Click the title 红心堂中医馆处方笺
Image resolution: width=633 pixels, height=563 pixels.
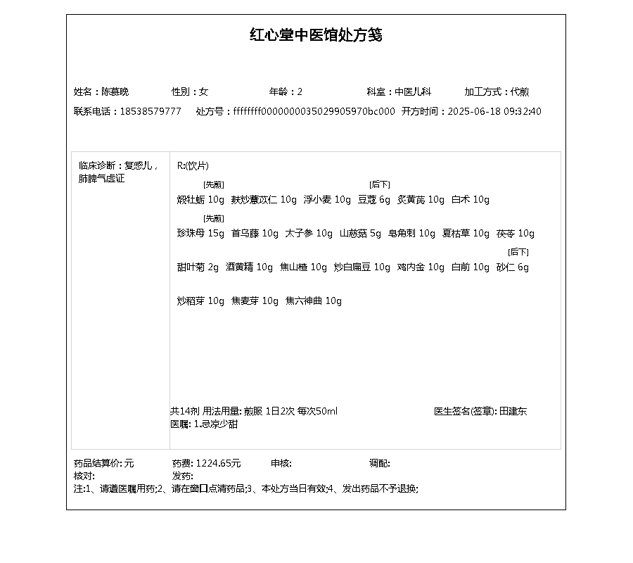click(x=316, y=35)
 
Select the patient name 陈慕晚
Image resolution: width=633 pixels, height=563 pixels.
click(x=115, y=91)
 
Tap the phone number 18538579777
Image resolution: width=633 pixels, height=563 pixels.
click(x=151, y=111)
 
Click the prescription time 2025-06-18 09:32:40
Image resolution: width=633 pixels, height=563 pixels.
click(x=494, y=111)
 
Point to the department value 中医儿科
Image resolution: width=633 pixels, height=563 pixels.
click(x=412, y=91)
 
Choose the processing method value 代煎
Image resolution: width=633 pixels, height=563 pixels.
click(x=520, y=91)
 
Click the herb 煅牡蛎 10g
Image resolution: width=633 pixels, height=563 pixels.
click(x=200, y=200)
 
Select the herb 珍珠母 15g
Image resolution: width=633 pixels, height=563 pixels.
click(x=200, y=234)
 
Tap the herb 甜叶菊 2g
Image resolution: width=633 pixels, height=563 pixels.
click(x=198, y=267)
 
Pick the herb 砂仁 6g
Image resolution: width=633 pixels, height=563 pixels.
click(x=513, y=267)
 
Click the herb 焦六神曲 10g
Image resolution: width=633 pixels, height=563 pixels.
click(x=314, y=301)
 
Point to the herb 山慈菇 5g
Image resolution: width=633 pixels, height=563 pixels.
click(x=360, y=234)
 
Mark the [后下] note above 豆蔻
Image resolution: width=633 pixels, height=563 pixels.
click(x=380, y=184)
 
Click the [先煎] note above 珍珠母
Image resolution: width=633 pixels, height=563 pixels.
click(x=214, y=218)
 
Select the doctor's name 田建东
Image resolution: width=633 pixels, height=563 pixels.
click(x=513, y=411)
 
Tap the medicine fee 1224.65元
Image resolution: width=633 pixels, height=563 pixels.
click(x=218, y=463)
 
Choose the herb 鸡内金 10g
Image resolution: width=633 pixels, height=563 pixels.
click(x=421, y=267)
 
